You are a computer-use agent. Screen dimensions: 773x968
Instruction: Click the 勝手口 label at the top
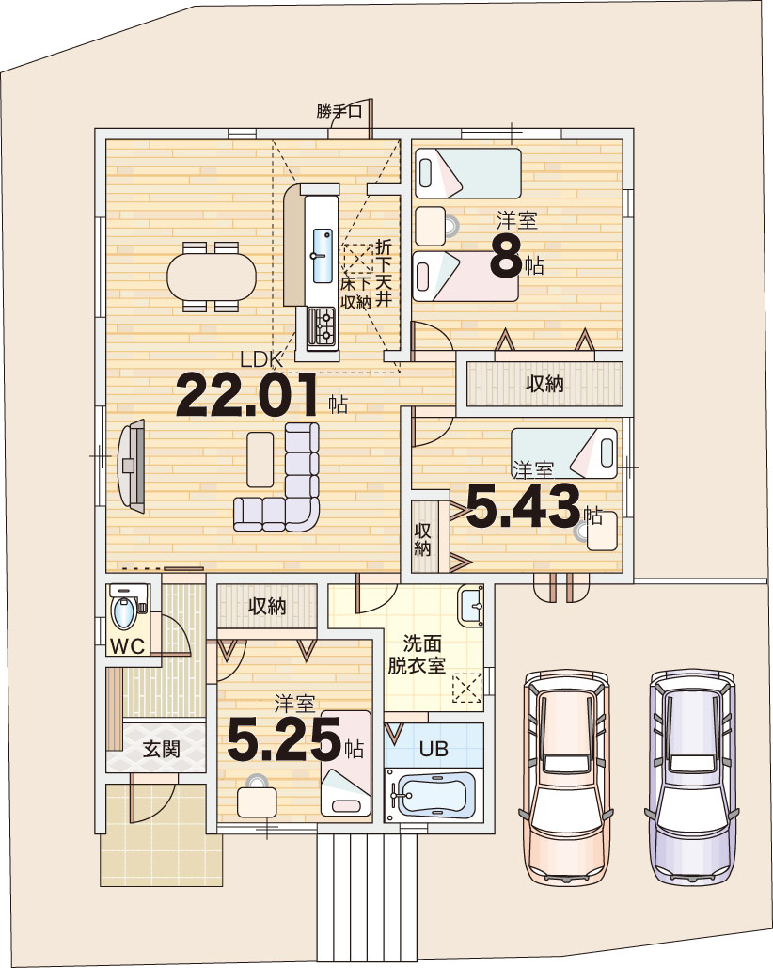pos(339,112)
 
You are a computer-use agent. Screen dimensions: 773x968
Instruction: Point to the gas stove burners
pos(322,326)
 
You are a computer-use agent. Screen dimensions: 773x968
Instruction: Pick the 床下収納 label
pos(356,293)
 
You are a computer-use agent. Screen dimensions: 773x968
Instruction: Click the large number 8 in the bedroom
pos(506,258)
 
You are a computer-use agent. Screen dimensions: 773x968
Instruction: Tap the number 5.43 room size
pos(523,506)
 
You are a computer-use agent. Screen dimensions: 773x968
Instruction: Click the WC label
pos(127,646)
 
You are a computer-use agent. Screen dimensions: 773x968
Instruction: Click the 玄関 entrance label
pos(162,749)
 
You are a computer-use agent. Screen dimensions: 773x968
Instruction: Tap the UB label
pos(434,749)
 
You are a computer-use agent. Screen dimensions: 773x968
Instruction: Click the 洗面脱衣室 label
pos(418,656)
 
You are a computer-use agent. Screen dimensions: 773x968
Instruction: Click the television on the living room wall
pos(132,466)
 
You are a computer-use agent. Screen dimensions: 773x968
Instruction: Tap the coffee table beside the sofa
pos(260,460)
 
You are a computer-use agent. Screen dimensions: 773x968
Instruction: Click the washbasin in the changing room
pos(471,606)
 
